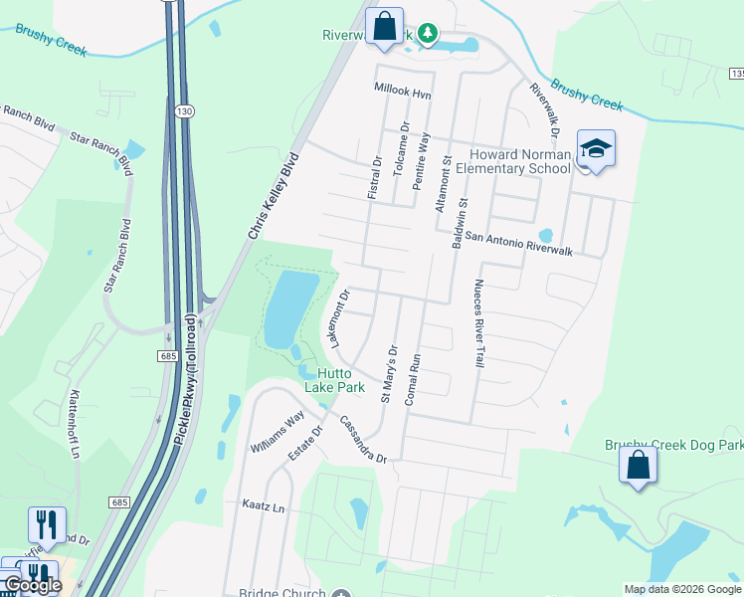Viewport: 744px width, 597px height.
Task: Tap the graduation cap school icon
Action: (x=596, y=149)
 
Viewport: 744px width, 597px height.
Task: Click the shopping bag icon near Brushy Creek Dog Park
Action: (x=638, y=466)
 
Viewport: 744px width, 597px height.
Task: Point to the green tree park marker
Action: (x=428, y=35)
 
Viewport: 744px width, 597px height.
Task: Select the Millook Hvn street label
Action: (x=403, y=91)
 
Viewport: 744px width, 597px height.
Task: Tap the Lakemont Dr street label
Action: (x=339, y=317)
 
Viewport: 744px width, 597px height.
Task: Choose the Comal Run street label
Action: (x=415, y=378)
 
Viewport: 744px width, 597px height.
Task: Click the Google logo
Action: (x=32, y=586)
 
